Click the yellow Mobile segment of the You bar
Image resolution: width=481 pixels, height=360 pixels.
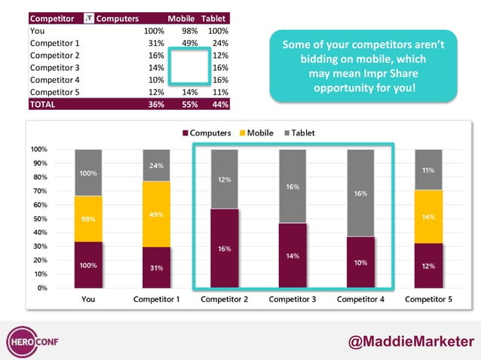tap(88, 218)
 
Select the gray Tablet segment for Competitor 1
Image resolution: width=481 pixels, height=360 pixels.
tap(157, 165)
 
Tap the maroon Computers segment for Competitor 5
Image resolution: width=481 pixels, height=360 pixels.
tap(428, 265)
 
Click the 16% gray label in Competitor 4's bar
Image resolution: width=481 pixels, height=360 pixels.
tap(360, 194)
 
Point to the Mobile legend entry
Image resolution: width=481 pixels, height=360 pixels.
tap(254, 133)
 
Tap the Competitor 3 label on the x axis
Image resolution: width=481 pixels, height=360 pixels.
tap(293, 299)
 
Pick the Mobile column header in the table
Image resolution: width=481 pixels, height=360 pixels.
tap(181, 17)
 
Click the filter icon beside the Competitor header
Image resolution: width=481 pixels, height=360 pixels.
tap(88, 17)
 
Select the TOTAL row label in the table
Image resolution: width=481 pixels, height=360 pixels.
tap(42, 105)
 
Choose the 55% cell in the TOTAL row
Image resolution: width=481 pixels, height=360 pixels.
tap(188, 105)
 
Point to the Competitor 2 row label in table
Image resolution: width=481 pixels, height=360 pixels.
tap(54, 55)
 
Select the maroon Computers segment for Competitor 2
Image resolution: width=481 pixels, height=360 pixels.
tap(225, 248)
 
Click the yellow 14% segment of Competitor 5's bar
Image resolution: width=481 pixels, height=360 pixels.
tap(428, 216)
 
